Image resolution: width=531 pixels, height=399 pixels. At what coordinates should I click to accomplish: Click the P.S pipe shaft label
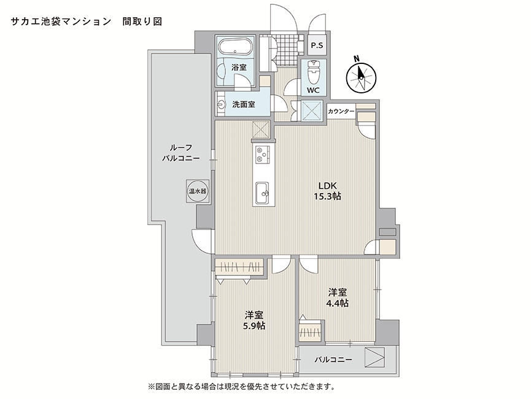(317, 45)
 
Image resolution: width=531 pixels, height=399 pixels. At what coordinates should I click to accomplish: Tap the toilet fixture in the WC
(314, 72)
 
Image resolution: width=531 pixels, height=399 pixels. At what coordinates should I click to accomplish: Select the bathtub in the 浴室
(234, 47)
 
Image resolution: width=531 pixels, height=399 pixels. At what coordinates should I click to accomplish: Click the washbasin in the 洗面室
(221, 105)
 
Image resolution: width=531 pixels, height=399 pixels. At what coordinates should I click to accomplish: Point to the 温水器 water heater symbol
(198, 191)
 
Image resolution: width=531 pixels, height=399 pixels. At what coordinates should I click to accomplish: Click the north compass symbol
(362, 76)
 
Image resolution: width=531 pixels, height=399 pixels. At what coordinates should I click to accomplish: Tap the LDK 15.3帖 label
(327, 191)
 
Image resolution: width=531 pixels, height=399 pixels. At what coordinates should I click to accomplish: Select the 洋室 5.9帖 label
(255, 320)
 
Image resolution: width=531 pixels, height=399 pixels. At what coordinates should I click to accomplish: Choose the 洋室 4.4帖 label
(337, 298)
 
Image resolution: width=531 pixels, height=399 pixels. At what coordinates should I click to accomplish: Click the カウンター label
(341, 111)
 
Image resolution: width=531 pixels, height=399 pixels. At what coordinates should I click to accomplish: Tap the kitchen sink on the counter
(262, 194)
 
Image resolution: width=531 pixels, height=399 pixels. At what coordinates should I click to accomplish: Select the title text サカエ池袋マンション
(61, 22)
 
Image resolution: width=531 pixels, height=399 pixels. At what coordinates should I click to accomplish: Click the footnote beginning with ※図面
(241, 386)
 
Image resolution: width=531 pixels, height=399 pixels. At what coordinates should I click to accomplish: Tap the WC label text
(313, 90)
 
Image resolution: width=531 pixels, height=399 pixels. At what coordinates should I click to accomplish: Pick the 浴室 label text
(239, 67)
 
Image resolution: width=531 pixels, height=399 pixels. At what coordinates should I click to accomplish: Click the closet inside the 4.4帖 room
(311, 331)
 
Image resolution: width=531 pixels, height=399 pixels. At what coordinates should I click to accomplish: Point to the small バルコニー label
(333, 360)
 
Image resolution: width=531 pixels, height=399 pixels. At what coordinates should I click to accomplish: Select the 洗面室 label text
(244, 105)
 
